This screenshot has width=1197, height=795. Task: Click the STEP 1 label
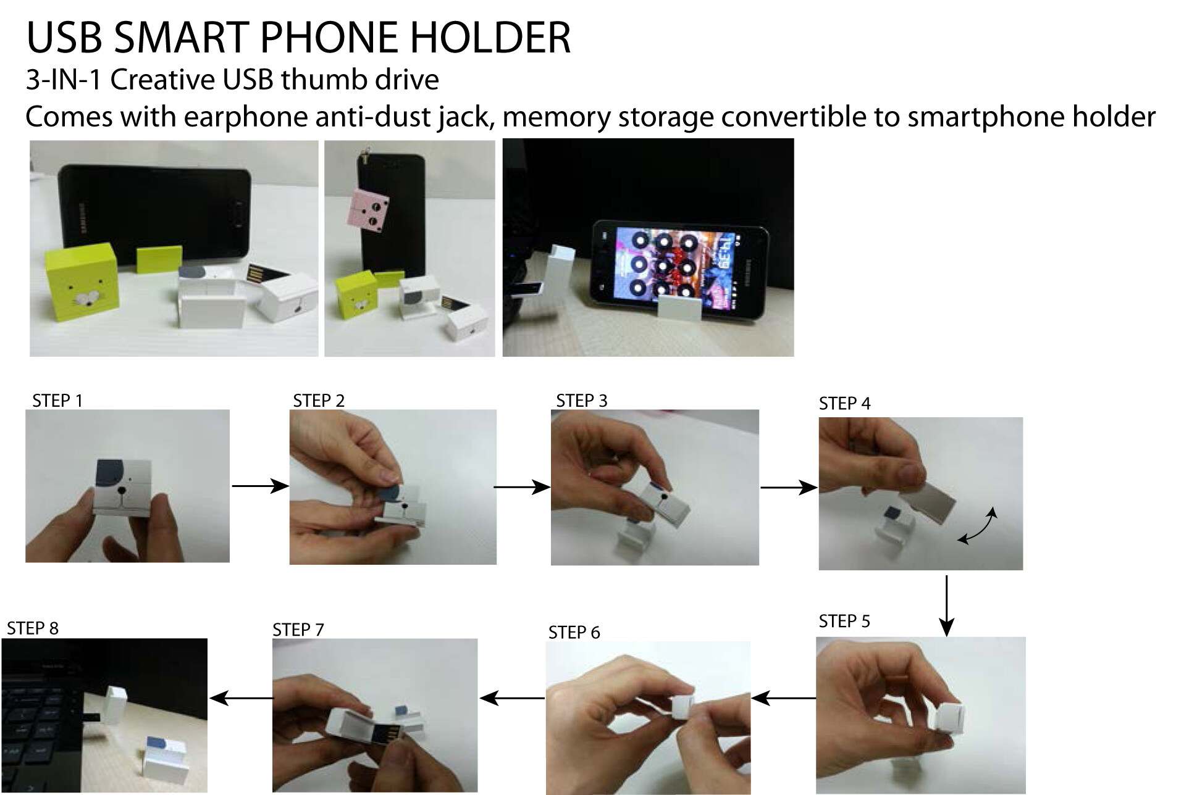tap(57, 401)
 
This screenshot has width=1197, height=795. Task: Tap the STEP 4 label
tap(844, 403)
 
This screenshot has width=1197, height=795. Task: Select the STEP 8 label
tap(33, 628)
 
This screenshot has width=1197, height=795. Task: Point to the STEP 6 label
tap(574, 632)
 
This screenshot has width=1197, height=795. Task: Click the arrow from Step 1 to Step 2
tap(260, 486)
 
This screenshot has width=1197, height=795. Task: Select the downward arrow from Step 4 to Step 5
tap(946, 606)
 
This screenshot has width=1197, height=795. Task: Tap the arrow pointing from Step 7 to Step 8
tap(241, 698)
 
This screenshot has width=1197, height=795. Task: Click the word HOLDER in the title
tap(491, 38)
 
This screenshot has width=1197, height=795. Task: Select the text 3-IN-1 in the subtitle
tap(64, 80)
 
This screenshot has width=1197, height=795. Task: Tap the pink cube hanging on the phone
tap(370, 210)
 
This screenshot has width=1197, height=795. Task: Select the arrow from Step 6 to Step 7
tap(512, 698)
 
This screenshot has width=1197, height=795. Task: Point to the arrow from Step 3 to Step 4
tap(789, 488)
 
